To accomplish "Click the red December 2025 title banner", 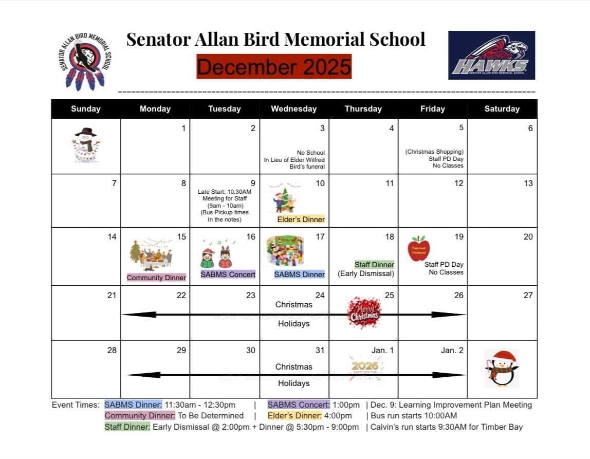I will click(274, 67).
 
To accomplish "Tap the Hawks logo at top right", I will click(491, 55).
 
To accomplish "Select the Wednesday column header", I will click(293, 109).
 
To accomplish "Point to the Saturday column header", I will click(502, 109).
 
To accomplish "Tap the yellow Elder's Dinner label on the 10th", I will click(301, 219).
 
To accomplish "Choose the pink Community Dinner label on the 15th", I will click(156, 278).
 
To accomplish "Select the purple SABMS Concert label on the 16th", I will click(228, 274).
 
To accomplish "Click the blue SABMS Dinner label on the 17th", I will click(299, 274).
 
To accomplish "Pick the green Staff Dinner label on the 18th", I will click(374, 264).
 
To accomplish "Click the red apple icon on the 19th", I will click(419, 249).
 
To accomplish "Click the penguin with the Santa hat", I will click(501, 368).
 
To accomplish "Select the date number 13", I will click(528, 183).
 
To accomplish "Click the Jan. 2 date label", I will click(452, 351).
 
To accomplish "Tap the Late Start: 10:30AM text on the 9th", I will click(225, 192).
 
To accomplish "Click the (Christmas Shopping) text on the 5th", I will click(434, 152).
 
